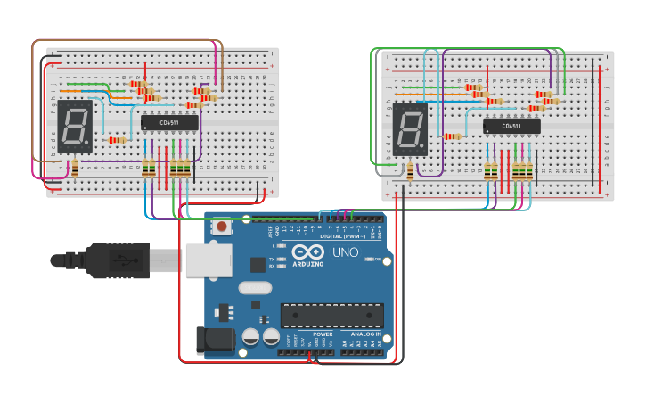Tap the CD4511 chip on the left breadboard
(x=169, y=122)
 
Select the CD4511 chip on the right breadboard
(x=511, y=126)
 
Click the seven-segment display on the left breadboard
(x=74, y=126)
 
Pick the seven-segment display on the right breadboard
(x=411, y=130)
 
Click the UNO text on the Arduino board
(x=346, y=253)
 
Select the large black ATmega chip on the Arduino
(x=331, y=316)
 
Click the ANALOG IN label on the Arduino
(x=365, y=334)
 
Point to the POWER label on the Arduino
(x=323, y=334)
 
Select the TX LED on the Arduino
(x=282, y=260)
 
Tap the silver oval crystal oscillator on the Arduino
(x=254, y=288)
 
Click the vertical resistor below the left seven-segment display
(x=75, y=167)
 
